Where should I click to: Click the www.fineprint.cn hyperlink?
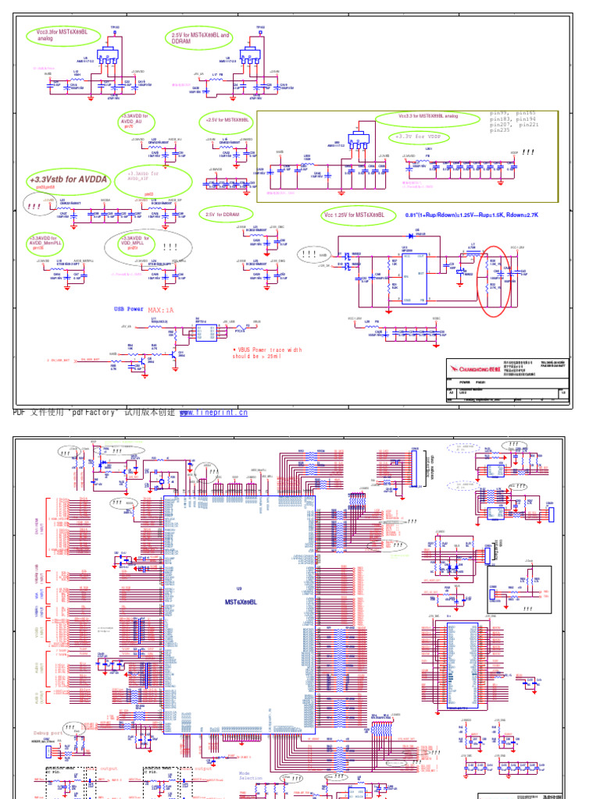tap(213, 412)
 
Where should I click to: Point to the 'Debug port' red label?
tap(52, 733)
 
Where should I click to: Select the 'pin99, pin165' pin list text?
tap(512, 113)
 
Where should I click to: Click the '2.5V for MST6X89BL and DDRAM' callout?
tap(201, 38)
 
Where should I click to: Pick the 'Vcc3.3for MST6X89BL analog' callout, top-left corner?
tap(54, 34)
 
